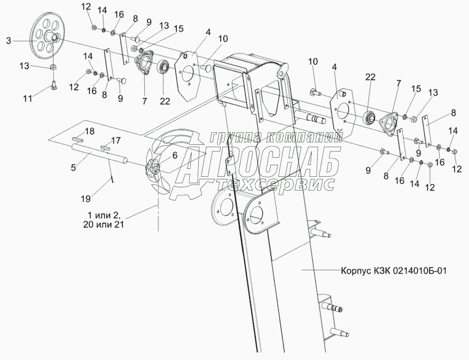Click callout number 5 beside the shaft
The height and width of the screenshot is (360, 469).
[73, 168]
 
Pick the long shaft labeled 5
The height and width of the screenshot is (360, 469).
[100, 154]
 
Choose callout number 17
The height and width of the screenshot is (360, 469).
[116, 141]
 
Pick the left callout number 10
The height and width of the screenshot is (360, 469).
[223, 38]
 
